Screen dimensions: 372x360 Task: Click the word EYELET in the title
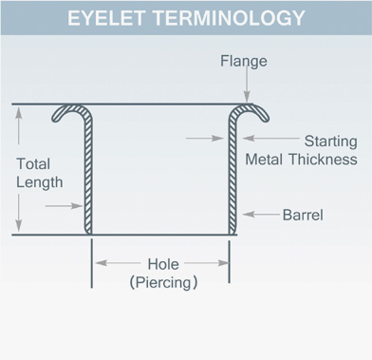click(106, 18)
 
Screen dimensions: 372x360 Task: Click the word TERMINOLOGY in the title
click(229, 18)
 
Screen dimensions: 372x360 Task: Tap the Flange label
click(244, 61)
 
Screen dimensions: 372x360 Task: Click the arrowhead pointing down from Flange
click(247, 97)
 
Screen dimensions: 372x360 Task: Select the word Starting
click(330, 142)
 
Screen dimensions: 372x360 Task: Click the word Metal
click(264, 160)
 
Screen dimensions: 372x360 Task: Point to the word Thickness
click(324, 160)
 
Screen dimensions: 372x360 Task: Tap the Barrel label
click(303, 215)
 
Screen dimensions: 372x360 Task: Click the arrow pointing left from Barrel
click(261, 215)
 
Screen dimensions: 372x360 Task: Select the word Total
click(33, 164)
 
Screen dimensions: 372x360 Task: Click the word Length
click(40, 182)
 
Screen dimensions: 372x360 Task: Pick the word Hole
click(163, 264)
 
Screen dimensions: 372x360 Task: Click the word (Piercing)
click(163, 282)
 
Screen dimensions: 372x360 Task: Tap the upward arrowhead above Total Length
click(19, 113)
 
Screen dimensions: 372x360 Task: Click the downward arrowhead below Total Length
click(19, 225)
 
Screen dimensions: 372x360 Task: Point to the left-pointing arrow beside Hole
click(118, 263)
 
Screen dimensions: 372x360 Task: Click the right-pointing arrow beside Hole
click(207, 263)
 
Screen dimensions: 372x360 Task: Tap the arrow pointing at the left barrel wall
click(65, 206)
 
